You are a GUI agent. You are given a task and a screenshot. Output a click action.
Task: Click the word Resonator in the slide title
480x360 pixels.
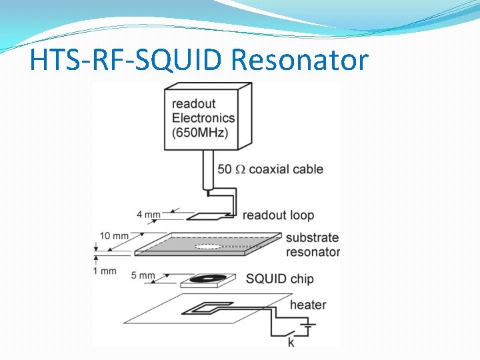(299, 61)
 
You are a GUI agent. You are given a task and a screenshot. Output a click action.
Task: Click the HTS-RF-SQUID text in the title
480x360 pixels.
(127, 61)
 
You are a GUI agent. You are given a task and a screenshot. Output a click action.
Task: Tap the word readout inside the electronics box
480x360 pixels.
(193, 103)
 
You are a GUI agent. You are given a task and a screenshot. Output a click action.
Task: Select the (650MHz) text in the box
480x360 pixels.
(200, 132)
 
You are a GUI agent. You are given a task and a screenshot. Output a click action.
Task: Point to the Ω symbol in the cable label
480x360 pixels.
(240, 169)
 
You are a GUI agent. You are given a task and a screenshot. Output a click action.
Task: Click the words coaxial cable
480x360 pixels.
(286, 169)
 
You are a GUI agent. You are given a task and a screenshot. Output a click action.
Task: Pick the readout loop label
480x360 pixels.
(278, 215)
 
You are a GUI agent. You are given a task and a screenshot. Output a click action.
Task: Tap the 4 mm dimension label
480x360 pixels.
(148, 215)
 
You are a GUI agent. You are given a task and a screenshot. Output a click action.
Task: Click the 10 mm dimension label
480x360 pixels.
(115, 236)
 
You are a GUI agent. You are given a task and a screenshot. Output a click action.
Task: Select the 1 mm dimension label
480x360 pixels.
(105, 271)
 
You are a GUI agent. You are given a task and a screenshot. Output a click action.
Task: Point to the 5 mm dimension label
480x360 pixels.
(143, 275)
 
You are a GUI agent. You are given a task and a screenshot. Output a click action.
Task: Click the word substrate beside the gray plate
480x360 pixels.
(312, 238)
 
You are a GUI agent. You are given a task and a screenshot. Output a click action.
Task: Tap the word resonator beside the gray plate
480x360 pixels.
(313, 252)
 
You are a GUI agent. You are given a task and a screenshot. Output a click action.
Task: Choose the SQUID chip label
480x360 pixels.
(279, 279)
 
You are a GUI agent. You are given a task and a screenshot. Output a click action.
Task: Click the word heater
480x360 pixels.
(308, 305)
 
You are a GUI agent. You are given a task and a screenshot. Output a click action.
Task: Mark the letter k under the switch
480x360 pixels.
(291, 343)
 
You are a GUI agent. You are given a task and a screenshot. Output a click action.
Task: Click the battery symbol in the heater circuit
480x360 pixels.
(308, 327)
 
